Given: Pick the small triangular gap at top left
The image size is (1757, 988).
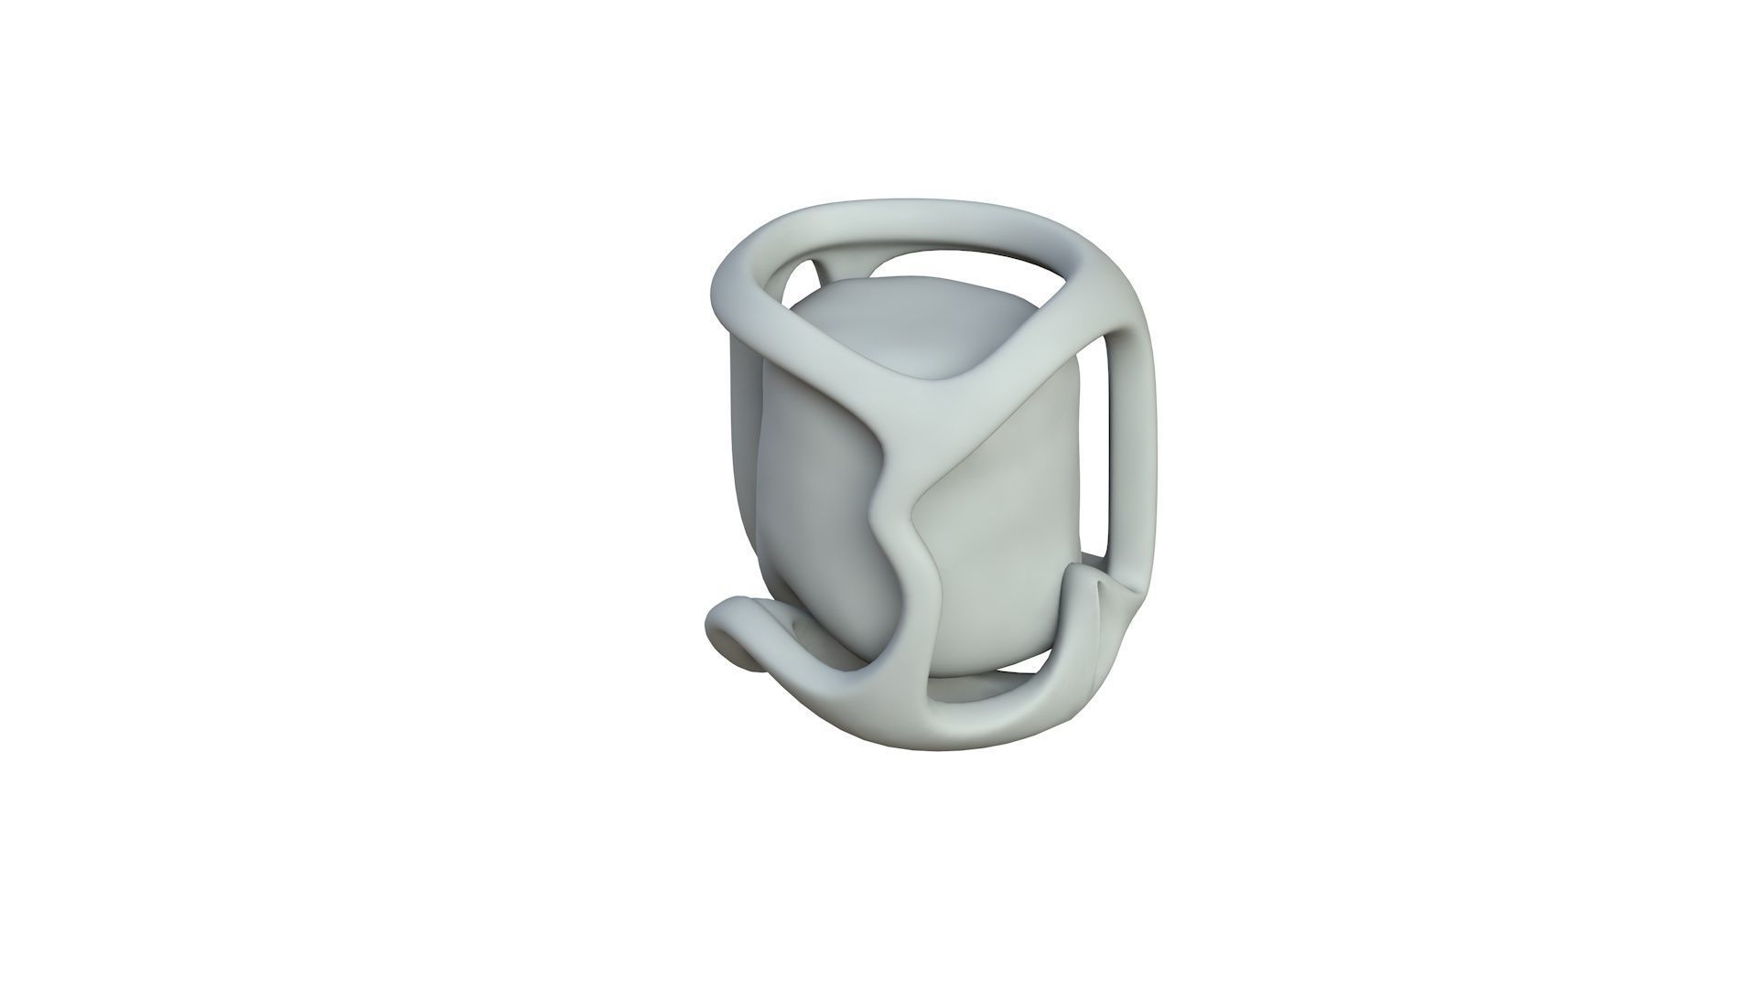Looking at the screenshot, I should coord(802,274).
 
